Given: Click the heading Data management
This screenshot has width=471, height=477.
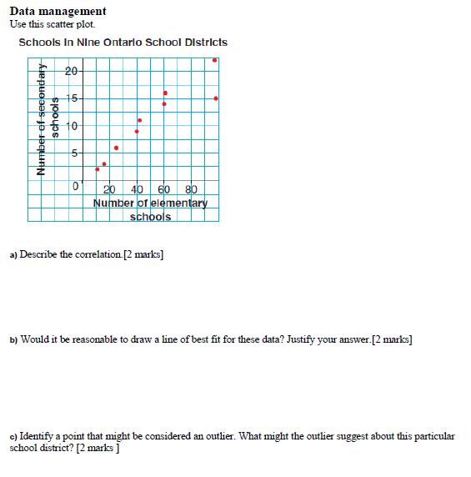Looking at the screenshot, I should (58, 11).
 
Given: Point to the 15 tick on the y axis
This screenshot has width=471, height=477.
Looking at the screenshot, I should (72, 98).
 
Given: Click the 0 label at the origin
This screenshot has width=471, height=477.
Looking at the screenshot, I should (75, 186).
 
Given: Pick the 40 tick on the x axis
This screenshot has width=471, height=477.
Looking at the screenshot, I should (138, 188).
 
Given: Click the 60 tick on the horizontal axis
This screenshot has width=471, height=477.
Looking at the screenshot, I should (164, 188).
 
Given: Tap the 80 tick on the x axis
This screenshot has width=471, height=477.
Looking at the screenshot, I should (190, 188).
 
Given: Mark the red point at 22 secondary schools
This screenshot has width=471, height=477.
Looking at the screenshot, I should (215, 60).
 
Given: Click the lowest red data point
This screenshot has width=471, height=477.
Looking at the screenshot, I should (98, 169).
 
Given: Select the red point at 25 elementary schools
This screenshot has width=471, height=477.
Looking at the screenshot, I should (104, 163).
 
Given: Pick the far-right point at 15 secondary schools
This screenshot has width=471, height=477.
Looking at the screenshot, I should (216, 98).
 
